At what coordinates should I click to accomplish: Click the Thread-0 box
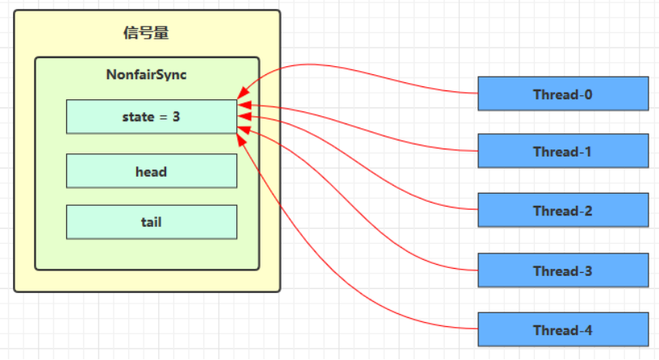click(x=563, y=94)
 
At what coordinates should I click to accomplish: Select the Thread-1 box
click(x=563, y=151)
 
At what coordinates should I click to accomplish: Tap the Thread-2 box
click(x=563, y=211)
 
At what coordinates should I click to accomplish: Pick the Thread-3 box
click(x=563, y=270)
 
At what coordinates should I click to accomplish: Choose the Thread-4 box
click(x=563, y=329)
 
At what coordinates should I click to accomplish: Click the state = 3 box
click(x=152, y=117)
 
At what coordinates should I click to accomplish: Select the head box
click(x=152, y=171)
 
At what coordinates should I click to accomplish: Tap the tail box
click(x=152, y=221)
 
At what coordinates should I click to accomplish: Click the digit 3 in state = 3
click(x=177, y=117)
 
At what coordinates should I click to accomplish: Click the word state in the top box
click(x=137, y=117)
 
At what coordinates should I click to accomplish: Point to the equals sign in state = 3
click(x=163, y=117)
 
